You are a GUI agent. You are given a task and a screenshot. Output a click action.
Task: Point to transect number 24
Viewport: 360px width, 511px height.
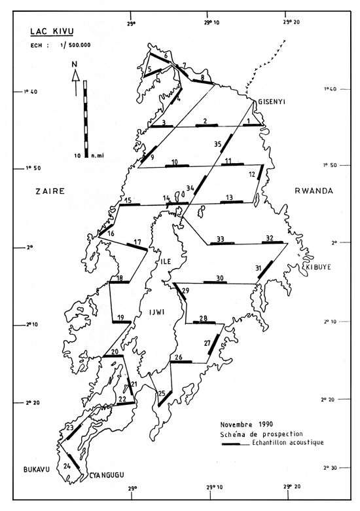pos(67,466)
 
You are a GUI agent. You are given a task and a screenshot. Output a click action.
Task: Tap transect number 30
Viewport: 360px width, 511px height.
pos(220,278)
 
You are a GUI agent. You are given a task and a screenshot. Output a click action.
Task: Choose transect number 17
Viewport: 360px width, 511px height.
pos(137,242)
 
